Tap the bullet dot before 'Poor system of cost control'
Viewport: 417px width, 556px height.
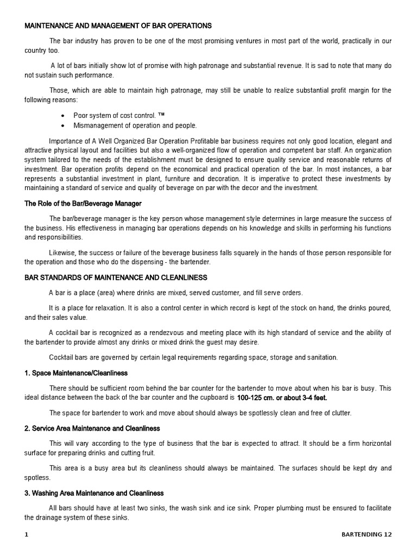pos(63,116)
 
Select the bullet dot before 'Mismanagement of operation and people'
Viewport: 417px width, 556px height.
pos(63,125)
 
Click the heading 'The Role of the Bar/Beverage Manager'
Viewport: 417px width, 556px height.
pos(83,203)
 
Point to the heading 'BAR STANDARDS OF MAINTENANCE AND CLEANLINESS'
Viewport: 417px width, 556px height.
pos(116,277)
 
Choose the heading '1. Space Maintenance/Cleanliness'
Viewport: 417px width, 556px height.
pos(76,373)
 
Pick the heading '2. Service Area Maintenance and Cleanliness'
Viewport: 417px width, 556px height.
pos(92,428)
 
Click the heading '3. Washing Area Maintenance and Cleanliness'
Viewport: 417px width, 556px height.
pos(94,493)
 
